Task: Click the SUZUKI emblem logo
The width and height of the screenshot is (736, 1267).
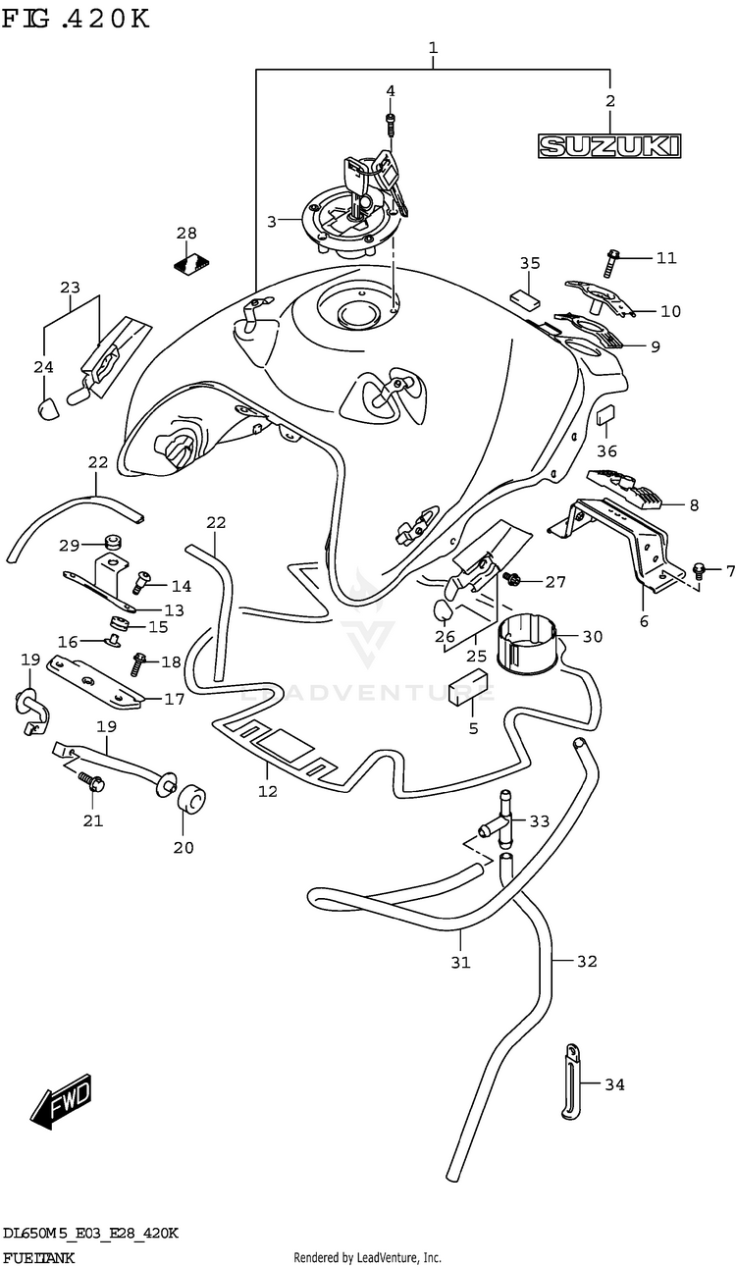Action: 608,146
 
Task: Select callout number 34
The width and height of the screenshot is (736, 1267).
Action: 614,1084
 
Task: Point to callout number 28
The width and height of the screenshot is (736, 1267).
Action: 186,234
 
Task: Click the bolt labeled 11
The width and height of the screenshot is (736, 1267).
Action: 614,259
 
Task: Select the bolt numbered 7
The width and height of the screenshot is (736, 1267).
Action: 698,569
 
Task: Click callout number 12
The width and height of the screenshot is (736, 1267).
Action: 267,791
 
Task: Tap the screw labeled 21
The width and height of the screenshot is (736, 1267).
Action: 93,782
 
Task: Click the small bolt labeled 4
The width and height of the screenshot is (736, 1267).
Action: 391,126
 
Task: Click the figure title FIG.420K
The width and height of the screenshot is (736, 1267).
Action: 77,19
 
